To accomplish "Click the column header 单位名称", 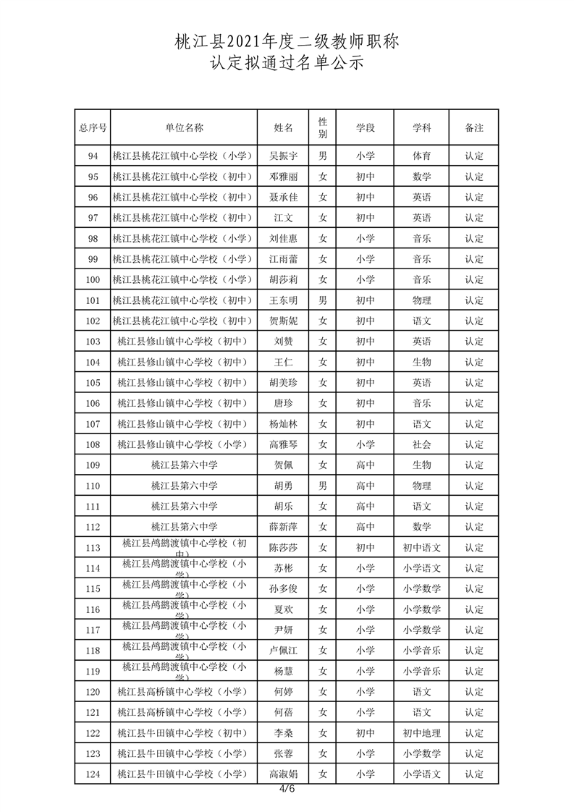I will pos(184,127).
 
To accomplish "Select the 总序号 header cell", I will pos(93,127).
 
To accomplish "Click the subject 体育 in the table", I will pos(422,156).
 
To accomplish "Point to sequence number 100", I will pos(93,279).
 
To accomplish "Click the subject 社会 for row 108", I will pos(422,444).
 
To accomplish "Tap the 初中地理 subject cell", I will pos(422,733).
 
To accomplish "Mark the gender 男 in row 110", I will pos(323,486).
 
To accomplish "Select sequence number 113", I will pos(93,548).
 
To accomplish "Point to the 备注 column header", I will pos(474,127).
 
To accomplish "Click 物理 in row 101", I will pos(422,300).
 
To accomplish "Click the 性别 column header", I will pos(323,127).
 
